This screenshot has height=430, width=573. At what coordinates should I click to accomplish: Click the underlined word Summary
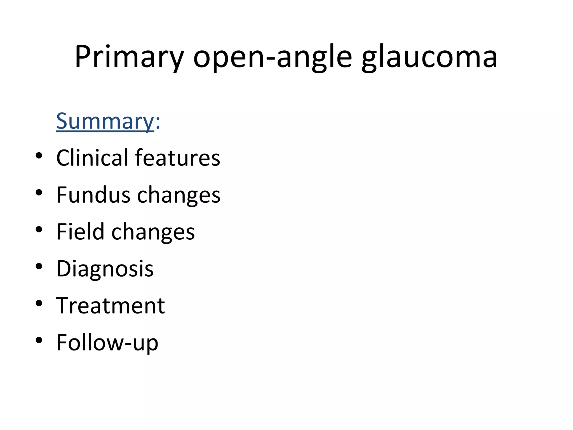pos(105,121)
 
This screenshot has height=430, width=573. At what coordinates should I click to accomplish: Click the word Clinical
pos(92,158)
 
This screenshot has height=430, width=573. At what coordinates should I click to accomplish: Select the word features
pos(178,158)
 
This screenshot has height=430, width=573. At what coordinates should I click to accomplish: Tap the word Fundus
pos(93,195)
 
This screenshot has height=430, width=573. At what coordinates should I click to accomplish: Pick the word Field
pos(80,232)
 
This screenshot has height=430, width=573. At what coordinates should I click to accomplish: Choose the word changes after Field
pos(153,232)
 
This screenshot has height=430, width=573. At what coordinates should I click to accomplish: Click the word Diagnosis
pos(105,269)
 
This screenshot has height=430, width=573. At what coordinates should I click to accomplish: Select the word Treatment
pos(111,305)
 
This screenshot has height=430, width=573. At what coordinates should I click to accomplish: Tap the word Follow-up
pos(107,342)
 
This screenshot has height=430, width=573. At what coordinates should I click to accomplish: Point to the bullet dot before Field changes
pos(39,229)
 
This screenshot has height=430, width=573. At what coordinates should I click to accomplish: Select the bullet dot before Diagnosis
pos(39,266)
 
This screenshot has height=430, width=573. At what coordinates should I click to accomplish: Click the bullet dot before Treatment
pos(39,303)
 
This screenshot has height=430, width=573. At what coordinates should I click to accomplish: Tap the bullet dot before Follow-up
pos(39,340)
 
